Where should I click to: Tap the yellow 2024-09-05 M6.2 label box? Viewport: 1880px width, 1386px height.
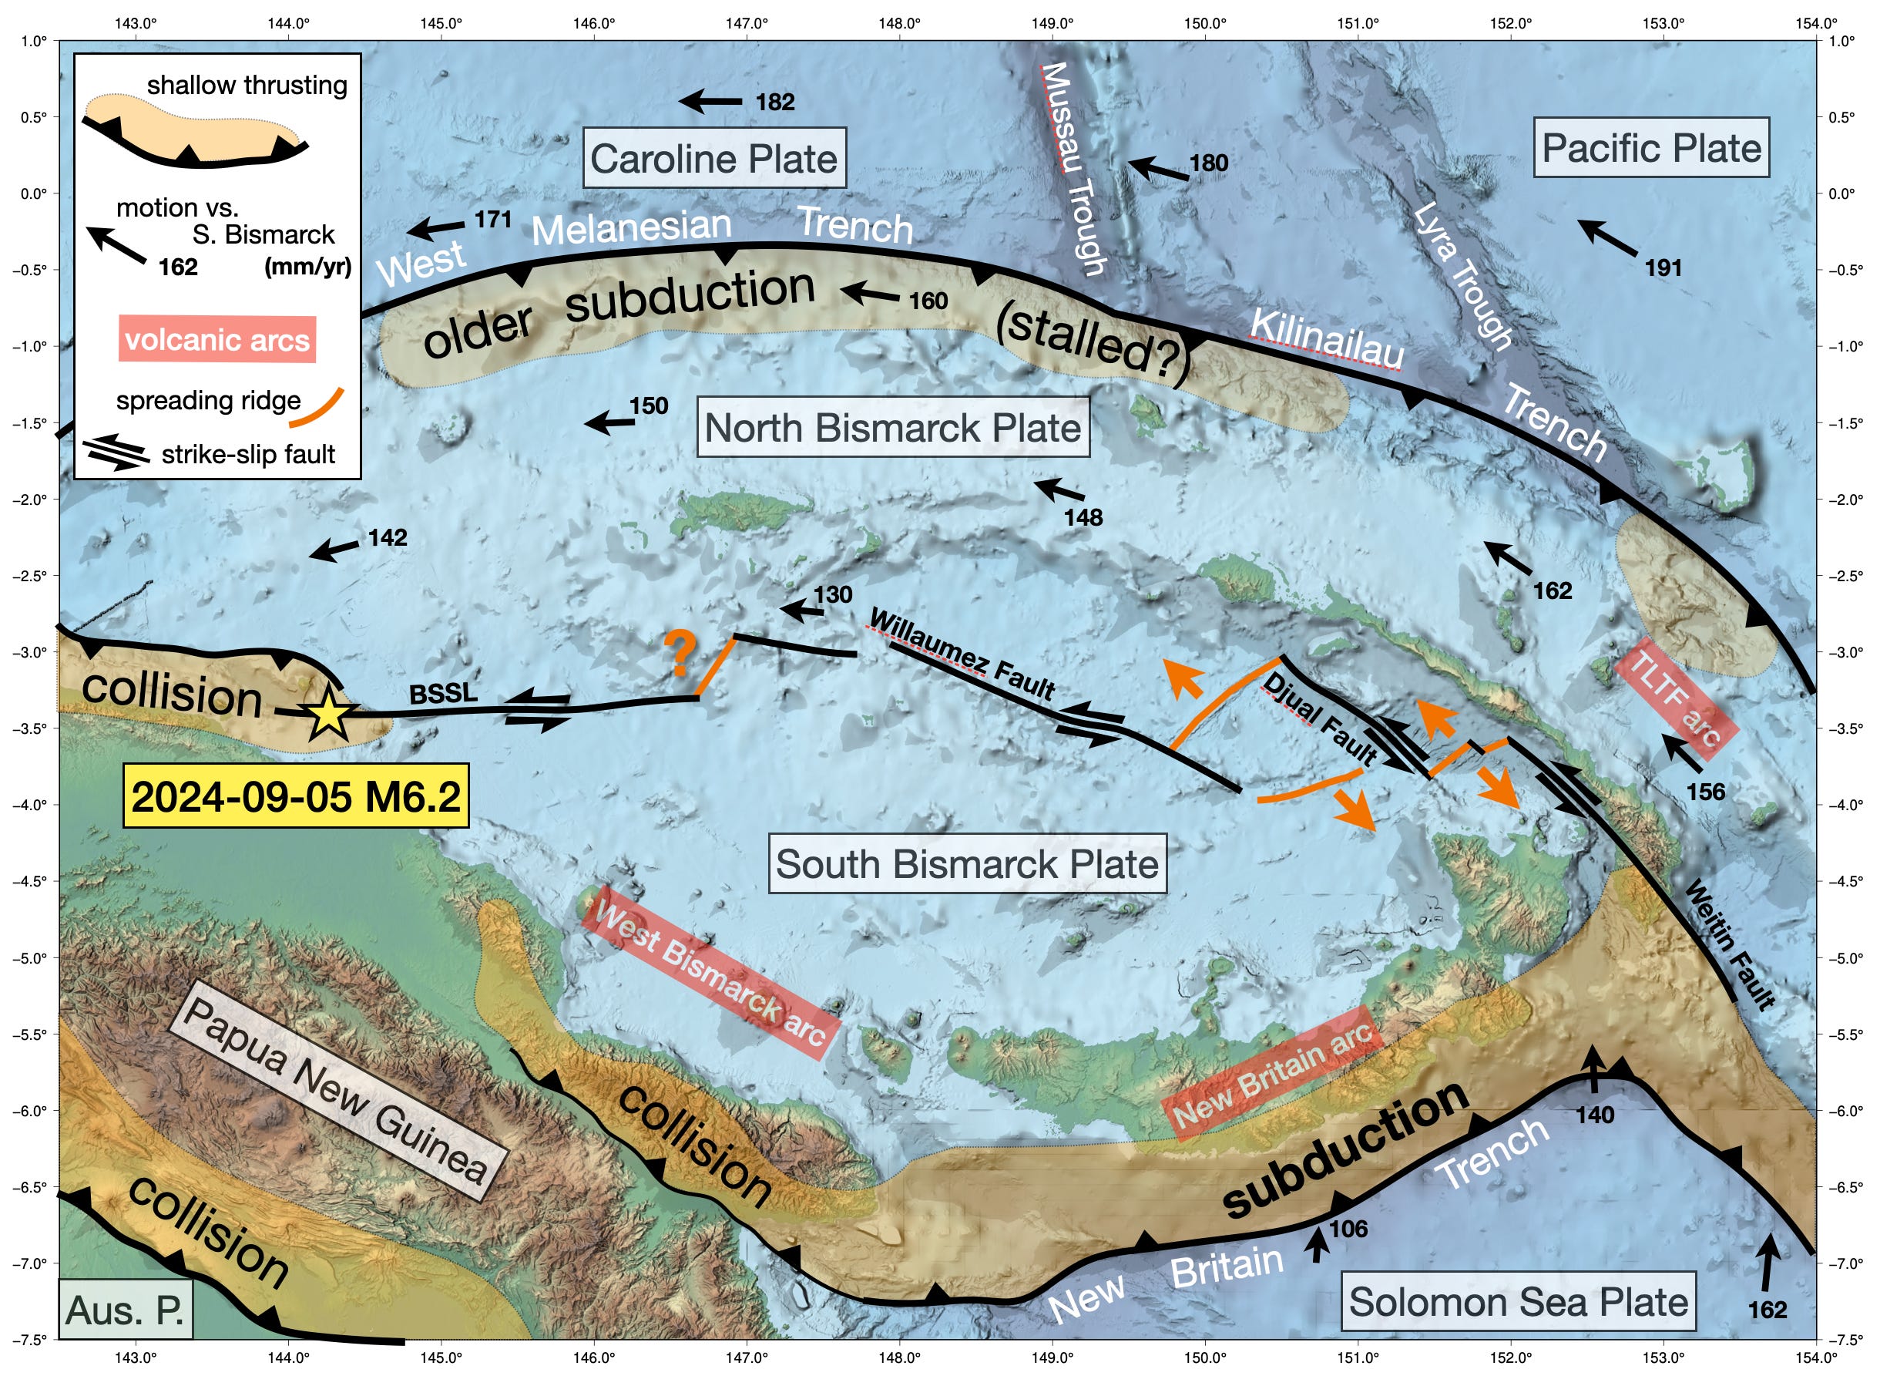point(296,796)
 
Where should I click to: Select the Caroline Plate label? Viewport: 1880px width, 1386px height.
point(713,159)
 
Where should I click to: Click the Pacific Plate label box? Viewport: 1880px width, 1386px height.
point(1650,149)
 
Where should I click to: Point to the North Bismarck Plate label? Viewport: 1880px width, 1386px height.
point(892,428)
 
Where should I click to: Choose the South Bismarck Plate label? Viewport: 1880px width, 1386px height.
point(967,864)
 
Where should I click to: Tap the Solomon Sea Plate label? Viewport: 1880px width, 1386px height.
point(1518,1302)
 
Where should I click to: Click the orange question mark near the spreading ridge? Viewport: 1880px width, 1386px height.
point(680,655)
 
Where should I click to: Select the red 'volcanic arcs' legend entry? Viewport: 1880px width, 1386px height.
point(217,340)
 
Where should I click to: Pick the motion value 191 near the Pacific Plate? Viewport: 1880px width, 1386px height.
point(1663,268)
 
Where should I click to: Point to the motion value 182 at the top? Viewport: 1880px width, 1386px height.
point(774,103)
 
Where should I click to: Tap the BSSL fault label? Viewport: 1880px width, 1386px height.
point(443,694)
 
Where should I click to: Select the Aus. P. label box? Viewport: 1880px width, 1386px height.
point(125,1310)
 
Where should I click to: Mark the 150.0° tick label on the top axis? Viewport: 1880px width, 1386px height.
point(1205,23)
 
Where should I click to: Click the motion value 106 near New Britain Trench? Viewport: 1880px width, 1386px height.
point(1348,1229)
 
